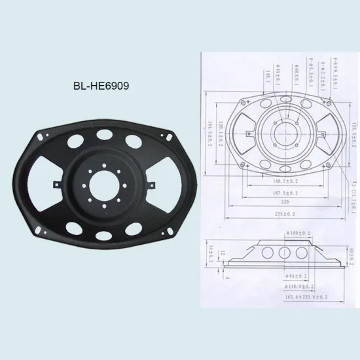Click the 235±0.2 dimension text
tap(285, 213)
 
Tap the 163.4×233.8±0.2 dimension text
tap(306, 297)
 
